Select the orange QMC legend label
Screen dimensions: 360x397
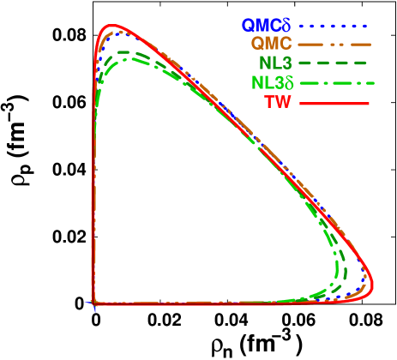click(x=273, y=44)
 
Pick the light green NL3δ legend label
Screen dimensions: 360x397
click(x=272, y=83)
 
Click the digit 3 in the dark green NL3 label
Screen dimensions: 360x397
click(x=290, y=63)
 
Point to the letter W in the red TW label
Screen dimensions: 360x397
click(x=292, y=103)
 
